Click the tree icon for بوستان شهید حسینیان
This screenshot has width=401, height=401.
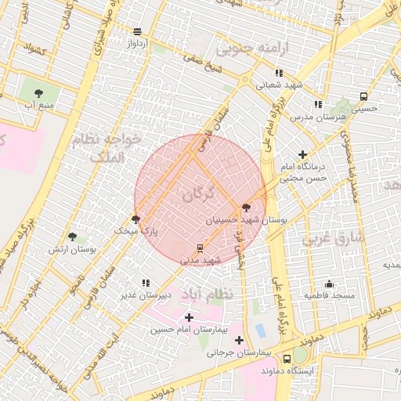tap(247, 208)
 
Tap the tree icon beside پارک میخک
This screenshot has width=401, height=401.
tap(136, 220)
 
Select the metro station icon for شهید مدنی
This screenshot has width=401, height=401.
tap(200, 248)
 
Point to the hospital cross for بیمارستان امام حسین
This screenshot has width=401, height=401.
tap(189, 317)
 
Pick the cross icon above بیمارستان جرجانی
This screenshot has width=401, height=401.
tap(239, 340)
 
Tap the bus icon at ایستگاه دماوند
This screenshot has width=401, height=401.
tap(287, 358)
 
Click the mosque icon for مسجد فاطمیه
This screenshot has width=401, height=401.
tap(329, 284)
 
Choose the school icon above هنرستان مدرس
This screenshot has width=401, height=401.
tap(317, 104)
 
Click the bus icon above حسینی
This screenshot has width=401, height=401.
tap(363, 96)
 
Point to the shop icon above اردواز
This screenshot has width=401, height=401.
tap(138, 32)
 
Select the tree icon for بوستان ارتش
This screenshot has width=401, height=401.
tap(72, 237)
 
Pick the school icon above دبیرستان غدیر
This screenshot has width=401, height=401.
tap(145, 283)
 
